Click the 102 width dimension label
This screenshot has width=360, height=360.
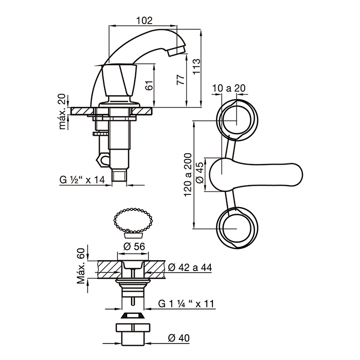(x=145, y=21)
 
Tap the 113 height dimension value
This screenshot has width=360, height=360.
(x=196, y=66)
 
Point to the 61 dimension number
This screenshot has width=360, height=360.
(x=149, y=85)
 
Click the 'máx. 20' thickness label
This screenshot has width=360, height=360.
(x=62, y=112)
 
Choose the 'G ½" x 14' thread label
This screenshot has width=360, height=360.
(x=82, y=179)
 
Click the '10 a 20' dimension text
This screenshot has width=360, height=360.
(x=229, y=88)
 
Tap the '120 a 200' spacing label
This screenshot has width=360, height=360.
(x=188, y=175)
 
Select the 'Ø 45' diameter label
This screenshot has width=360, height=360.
(x=200, y=172)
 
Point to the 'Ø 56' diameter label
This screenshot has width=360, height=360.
(x=134, y=246)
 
